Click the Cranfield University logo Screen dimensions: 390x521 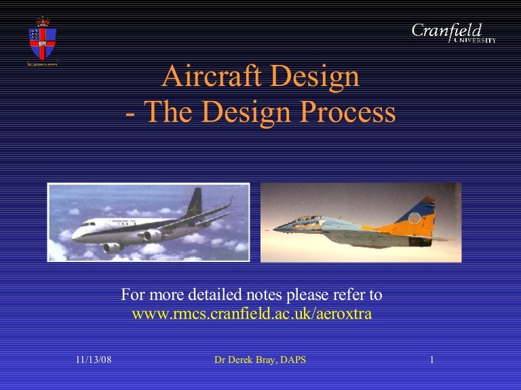point(453,32)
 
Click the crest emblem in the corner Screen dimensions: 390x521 point(41,40)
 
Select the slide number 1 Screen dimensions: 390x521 point(431,360)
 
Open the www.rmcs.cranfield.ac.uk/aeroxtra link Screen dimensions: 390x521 point(251,314)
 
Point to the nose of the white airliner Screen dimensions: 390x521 point(75,234)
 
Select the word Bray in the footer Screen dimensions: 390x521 point(269,360)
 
